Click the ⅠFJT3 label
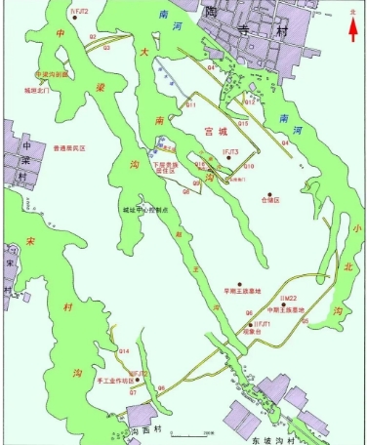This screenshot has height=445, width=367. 230,153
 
